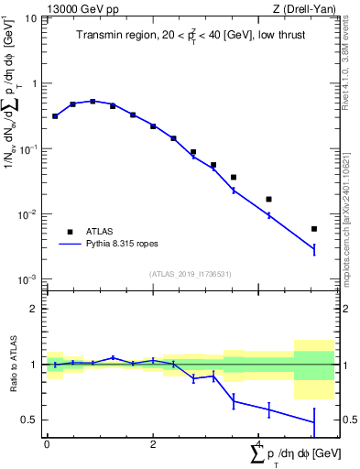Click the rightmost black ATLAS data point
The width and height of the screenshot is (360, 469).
(x=314, y=229)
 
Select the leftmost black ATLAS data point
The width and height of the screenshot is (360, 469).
(x=55, y=116)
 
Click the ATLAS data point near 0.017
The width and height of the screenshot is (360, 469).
(x=268, y=199)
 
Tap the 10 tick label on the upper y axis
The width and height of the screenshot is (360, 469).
(x=30, y=17)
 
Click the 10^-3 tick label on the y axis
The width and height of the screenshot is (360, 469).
(x=27, y=279)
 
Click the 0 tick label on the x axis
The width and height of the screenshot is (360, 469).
(x=47, y=444)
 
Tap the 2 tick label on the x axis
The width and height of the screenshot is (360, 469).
(x=153, y=444)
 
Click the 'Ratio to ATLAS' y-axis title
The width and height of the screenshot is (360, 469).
(x=11, y=364)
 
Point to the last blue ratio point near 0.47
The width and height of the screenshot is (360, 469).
(x=314, y=422)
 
